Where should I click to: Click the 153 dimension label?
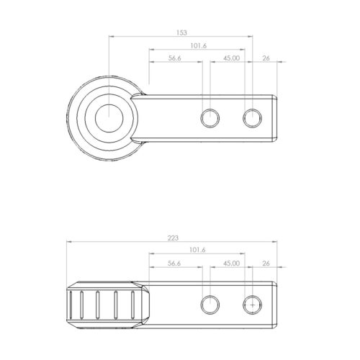(x=181, y=32)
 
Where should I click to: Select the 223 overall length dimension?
(x=173, y=238)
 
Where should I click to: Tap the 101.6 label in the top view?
(x=199, y=45)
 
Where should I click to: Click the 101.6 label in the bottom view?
(x=197, y=250)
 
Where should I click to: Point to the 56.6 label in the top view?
(x=174, y=58)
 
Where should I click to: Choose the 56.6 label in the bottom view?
(x=174, y=264)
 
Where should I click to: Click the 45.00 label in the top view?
(x=231, y=58)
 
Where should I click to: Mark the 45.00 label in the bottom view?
(x=231, y=264)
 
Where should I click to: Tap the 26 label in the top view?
(x=266, y=58)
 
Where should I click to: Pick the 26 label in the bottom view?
(x=266, y=264)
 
